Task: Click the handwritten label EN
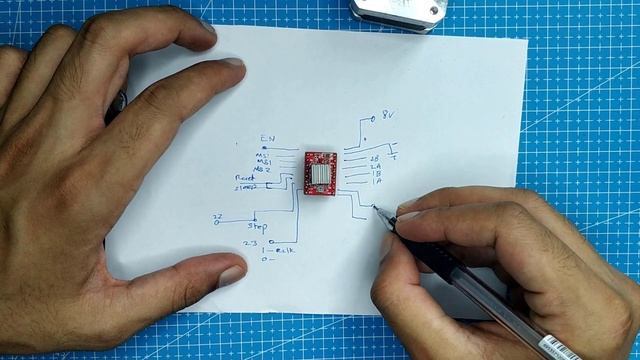tap(266, 138)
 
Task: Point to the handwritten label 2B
tap(376, 158)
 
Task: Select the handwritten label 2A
tap(377, 167)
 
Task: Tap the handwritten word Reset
tap(244, 177)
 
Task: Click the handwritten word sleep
tap(246, 186)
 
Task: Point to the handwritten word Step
tap(257, 227)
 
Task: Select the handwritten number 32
tap(217, 218)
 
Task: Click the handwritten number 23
tap(249, 243)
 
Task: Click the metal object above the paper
tap(396, 10)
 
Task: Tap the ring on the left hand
tap(121, 102)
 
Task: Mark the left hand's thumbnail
tap(229, 270)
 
